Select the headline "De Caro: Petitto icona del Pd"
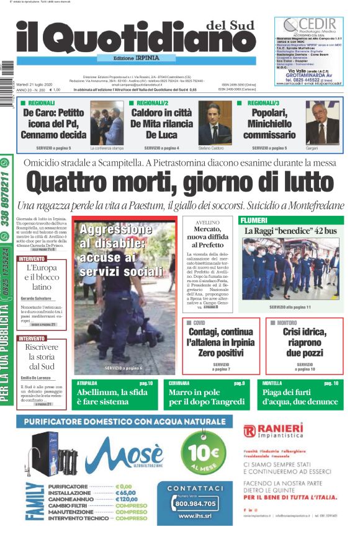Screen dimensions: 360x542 [55, 123]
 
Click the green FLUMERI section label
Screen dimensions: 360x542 [254, 220]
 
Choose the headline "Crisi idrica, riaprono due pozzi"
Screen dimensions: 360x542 [305, 342]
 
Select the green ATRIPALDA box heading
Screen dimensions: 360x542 [87, 383]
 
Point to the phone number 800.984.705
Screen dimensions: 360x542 [195, 504]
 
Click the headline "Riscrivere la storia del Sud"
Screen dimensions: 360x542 [42, 356]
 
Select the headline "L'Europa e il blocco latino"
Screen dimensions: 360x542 [42, 277]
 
